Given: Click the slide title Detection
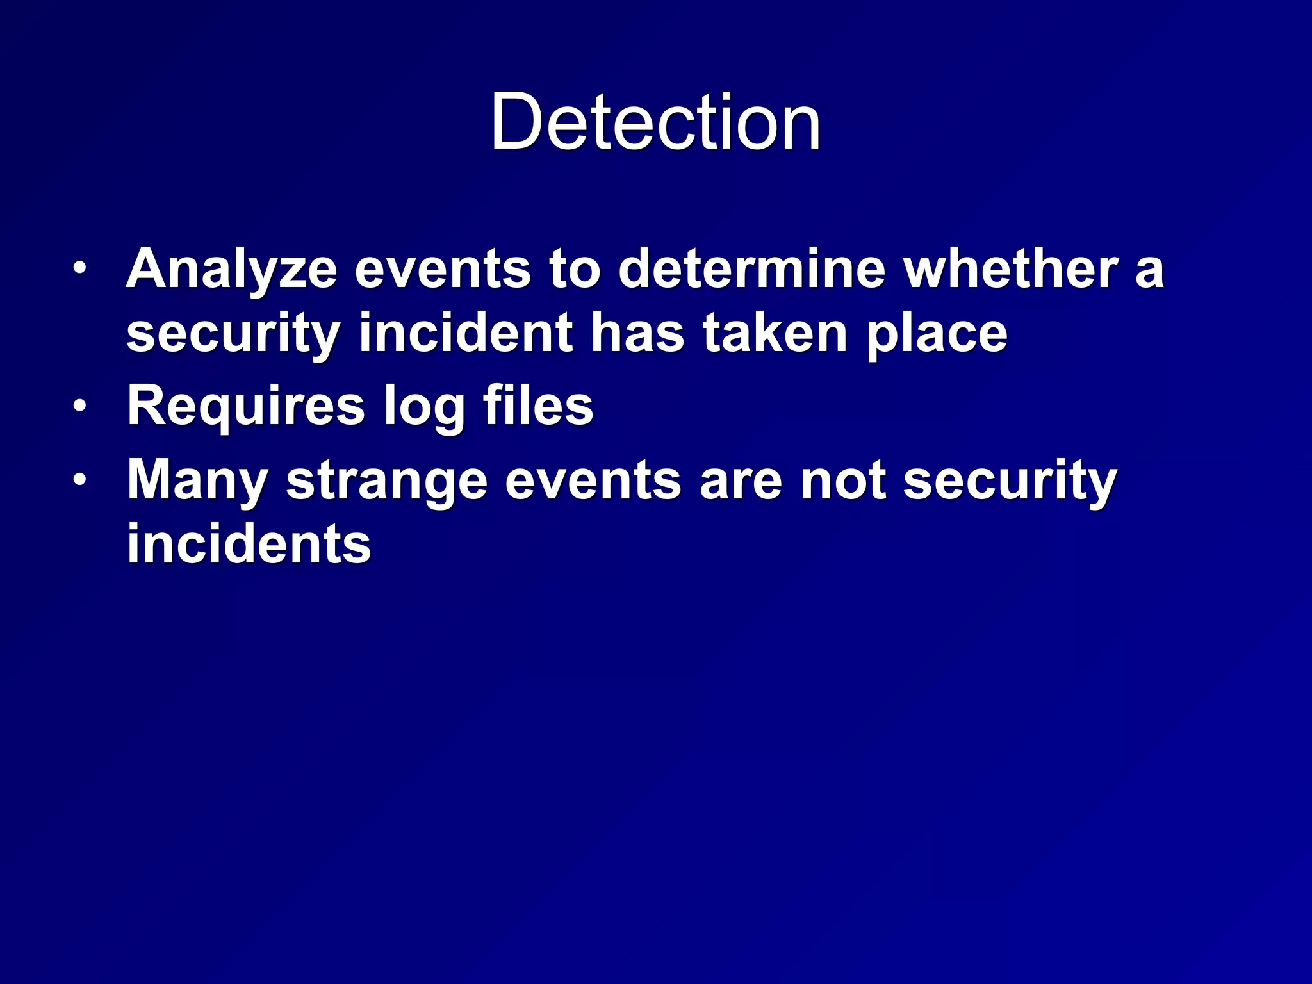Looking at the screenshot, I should (655, 122).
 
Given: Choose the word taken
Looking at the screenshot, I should (775, 333).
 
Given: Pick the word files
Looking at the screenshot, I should (538, 405).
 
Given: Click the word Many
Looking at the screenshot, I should (197, 480).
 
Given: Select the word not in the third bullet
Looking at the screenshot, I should (843, 480).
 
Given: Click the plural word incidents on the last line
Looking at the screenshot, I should (249, 545).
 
